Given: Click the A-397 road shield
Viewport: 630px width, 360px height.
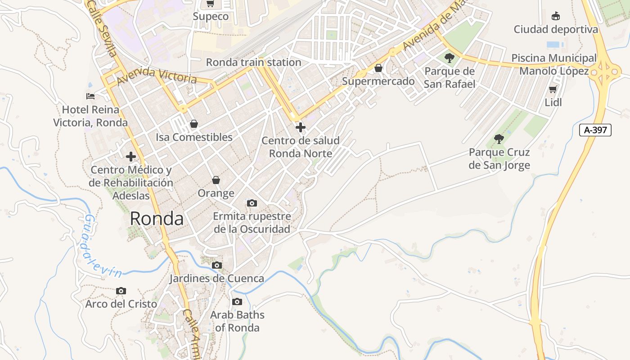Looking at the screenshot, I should point(595,130).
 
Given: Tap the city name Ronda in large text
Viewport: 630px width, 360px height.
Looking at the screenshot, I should point(157,219).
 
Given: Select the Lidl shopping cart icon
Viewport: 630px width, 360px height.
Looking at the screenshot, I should point(553,89).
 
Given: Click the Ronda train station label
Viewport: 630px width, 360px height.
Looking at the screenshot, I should point(253,62).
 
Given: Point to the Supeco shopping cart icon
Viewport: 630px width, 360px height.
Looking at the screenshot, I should point(210,4).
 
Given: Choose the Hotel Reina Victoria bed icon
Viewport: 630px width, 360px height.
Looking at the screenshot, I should point(90,96).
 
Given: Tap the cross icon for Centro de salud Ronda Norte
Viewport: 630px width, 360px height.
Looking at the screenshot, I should point(300,127).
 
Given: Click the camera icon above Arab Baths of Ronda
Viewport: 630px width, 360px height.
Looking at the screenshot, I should point(237,301).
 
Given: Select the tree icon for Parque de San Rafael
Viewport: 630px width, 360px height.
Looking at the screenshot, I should point(449,58).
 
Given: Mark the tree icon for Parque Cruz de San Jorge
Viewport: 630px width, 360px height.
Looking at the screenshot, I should point(499,139).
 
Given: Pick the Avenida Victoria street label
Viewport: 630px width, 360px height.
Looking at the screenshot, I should point(157,76).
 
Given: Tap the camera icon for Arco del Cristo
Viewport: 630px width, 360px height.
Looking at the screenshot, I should point(121,291).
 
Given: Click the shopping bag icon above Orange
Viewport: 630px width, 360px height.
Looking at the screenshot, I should point(216,180).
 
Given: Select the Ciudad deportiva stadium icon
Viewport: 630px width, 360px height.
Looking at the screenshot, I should point(556,16).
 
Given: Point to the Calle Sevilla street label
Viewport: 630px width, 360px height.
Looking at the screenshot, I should point(103,28).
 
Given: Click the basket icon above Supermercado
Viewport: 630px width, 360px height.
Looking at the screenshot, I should point(378,68).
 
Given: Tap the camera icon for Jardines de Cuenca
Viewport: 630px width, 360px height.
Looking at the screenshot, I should point(217,265).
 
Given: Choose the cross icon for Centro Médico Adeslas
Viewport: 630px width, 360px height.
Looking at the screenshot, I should point(131,157).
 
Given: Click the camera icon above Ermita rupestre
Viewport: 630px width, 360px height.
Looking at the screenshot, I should point(252,203).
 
